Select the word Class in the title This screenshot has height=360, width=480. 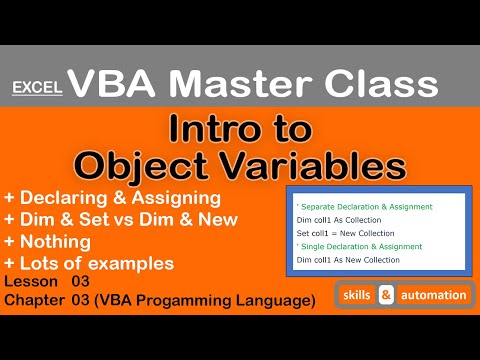(x=393, y=81)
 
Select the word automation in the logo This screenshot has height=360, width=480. (x=436, y=297)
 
